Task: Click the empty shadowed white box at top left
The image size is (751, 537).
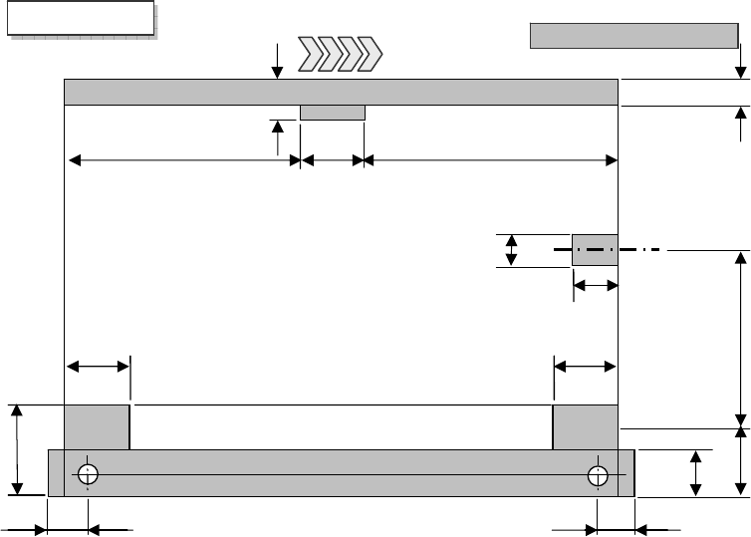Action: coord(81,19)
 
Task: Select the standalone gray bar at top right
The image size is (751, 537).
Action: coord(631,36)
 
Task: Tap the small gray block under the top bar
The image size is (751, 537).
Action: coord(333,113)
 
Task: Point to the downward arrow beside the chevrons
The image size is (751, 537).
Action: coord(277,60)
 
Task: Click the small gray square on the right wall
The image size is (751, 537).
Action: coord(595,250)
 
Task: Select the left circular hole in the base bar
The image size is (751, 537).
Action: coord(88,473)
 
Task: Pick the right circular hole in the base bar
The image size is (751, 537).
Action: coord(598,473)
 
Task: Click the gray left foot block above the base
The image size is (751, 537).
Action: coord(97,426)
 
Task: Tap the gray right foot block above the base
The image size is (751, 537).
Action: coord(585,426)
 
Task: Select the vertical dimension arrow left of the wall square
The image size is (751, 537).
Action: coord(512,250)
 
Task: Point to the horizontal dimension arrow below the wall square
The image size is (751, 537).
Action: coord(596,287)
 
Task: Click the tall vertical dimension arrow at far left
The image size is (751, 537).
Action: coord(18,448)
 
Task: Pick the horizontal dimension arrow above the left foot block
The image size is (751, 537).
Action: coord(97,368)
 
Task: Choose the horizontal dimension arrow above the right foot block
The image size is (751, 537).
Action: coord(585,368)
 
